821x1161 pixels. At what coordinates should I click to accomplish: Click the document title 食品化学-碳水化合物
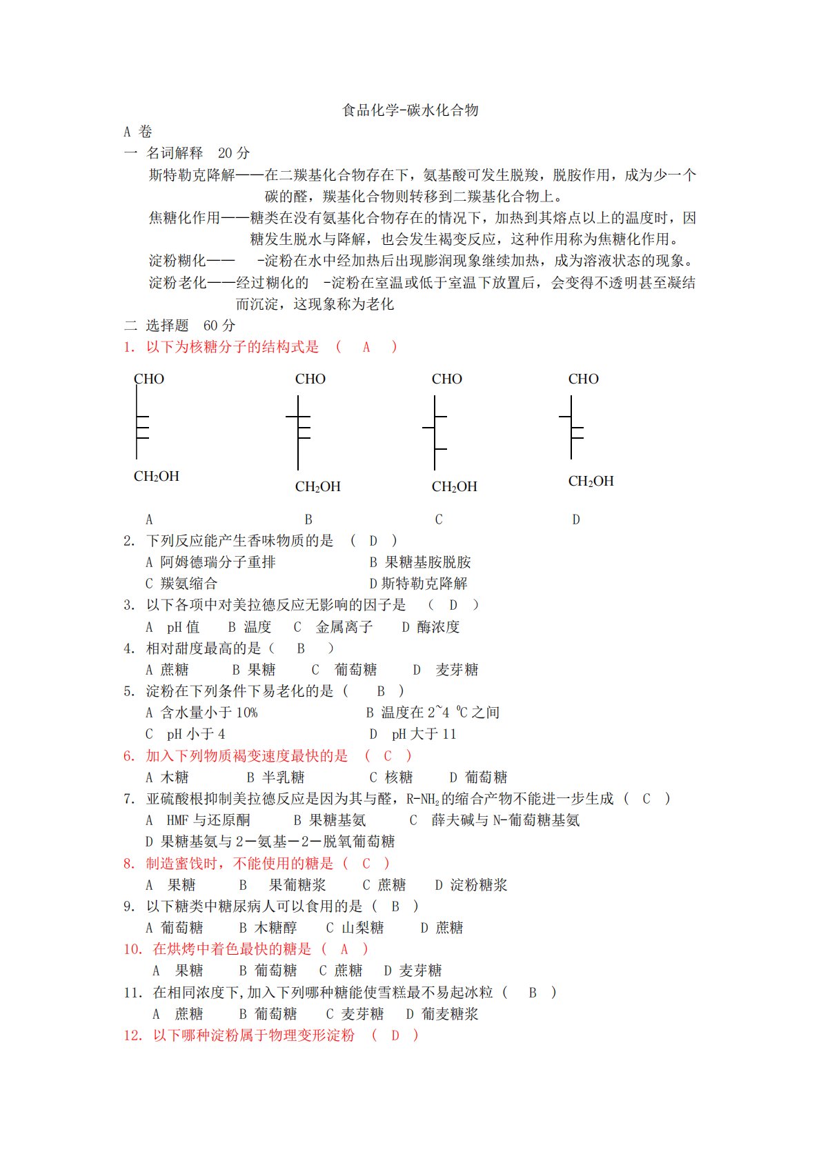coord(410,110)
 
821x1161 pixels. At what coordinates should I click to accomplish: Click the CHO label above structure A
coord(149,379)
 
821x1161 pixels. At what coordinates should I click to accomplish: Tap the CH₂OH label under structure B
coord(317,486)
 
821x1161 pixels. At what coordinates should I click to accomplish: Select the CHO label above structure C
coord(446,379)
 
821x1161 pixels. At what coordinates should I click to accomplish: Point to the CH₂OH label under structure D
coord(591,481)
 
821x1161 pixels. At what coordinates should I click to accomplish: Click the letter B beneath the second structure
coord(308,519)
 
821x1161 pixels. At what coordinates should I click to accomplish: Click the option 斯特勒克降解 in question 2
coord(424,584)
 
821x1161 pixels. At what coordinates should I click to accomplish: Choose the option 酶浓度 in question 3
coord(438,627)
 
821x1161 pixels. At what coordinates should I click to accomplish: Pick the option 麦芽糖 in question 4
coord(457,670)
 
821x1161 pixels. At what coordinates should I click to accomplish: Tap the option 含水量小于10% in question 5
coord(208,713)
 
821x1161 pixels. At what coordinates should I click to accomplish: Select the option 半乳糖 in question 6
coord(283,777)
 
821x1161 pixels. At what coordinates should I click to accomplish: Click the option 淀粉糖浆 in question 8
coord(478,885)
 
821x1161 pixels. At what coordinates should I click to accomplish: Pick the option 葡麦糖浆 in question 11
coord(450,1014)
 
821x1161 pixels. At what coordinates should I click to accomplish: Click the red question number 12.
coord(132,1035)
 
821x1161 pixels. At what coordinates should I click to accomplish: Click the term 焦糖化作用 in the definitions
coord(184,218)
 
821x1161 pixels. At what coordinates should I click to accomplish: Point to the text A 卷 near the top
coord(137,132)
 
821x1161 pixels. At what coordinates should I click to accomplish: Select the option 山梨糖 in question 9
coord(362,928)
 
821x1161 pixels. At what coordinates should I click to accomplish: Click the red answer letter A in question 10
coord(344,949)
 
